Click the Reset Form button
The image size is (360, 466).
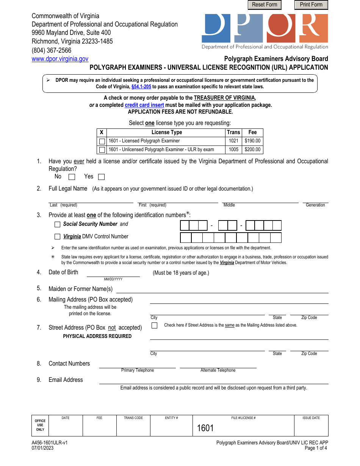pyautogui.click(x=265, y=5)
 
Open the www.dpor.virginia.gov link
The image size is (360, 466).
pyautogui.click(x=60, y=59)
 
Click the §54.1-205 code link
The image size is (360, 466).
pyautogui.click(x=141, y=86)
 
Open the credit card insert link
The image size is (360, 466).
pyautogui.click(x=144, y=105)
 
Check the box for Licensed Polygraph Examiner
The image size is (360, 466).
pyautogui.click(x=102, y=141)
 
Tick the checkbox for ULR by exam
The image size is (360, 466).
pyautogui.click(x=102, y=150)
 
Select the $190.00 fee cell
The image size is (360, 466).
pyautogui.click(x=252, y=141)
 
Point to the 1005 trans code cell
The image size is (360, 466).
pyautogui.click(x=233, y=150)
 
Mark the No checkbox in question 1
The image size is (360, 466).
pyautogui.click(x=72, y=177)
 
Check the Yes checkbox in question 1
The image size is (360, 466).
pyautogui.click(x=101, y=177)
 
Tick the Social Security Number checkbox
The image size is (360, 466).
pyautogui.click(x=58, y=225)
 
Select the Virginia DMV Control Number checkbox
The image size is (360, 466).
pyautogui.click(x=58, y=237)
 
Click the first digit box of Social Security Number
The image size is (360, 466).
pyautogui.click(x=185, y=226)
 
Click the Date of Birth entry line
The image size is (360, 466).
pyautogui.click(x=113, y=273)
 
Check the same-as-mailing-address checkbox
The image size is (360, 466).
pyautogui.click(x=154, y=325)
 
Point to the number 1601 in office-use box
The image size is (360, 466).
pyautogui.click(x=205, y=428)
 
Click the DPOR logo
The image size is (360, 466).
pyautogui.click(x=265, y=30)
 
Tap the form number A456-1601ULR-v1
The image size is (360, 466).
pyautogui.click(x=50, y=443)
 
